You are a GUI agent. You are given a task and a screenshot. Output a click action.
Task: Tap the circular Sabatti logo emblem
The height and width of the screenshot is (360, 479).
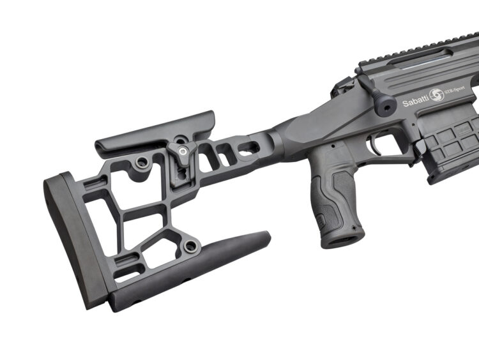click(x=436, y=95)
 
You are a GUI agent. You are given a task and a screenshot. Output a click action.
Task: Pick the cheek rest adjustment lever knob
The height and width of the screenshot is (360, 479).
click(x=183, y=152)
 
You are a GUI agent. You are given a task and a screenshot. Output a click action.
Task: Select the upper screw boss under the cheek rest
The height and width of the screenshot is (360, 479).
click(x=142, y=162)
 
